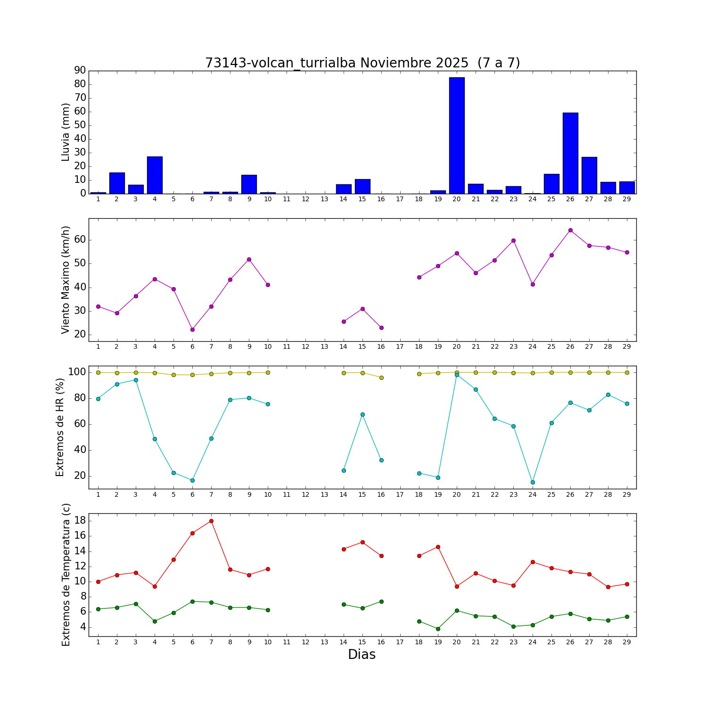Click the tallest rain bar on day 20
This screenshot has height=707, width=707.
457,136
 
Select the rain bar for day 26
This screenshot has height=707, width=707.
570,153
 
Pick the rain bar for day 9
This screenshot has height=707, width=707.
249,184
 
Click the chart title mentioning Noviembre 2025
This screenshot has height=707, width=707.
362,63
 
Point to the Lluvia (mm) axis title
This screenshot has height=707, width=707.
66,132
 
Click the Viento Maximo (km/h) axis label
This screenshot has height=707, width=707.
66,280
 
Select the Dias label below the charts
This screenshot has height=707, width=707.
362,655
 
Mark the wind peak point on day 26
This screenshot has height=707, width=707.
570,230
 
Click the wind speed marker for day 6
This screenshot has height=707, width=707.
192,329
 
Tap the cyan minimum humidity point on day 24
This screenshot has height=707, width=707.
533,482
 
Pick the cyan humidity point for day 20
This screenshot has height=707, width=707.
457,375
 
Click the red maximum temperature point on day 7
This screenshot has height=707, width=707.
211,521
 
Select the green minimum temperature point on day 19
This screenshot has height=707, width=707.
438,629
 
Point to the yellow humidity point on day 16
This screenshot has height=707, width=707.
381,378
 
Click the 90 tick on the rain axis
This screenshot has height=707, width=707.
80,70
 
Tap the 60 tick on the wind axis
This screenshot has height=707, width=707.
80,239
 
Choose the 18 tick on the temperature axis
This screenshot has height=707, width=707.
80,520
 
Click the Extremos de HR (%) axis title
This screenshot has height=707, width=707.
60,427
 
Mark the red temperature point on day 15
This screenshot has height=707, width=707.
362,542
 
